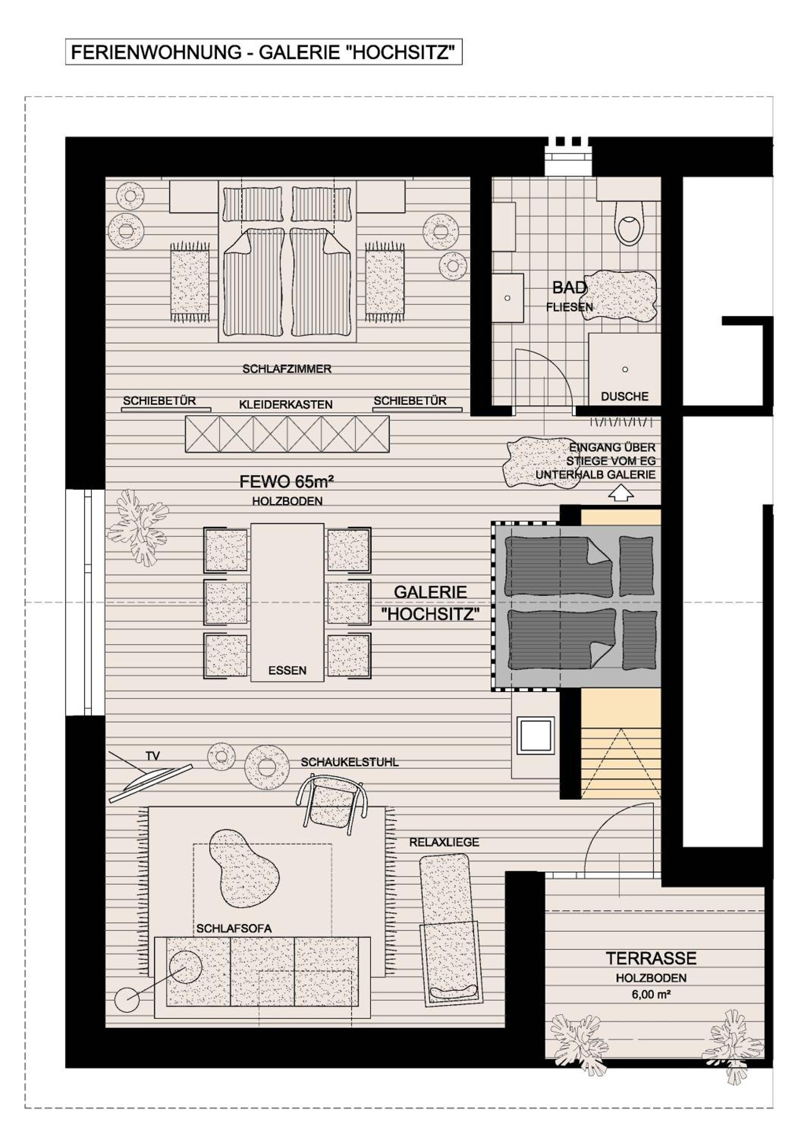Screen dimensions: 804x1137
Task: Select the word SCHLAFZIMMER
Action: pos(286,369)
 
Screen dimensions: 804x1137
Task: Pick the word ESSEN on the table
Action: pos(287,670)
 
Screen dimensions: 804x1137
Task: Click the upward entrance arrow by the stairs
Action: pos(621,493)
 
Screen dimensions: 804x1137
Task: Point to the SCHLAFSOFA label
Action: pos(234,928)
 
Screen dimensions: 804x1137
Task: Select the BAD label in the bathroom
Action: pos(569,287)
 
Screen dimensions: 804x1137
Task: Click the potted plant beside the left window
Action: pos(137,526)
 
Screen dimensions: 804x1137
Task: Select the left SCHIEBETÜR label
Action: pos(160,401)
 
